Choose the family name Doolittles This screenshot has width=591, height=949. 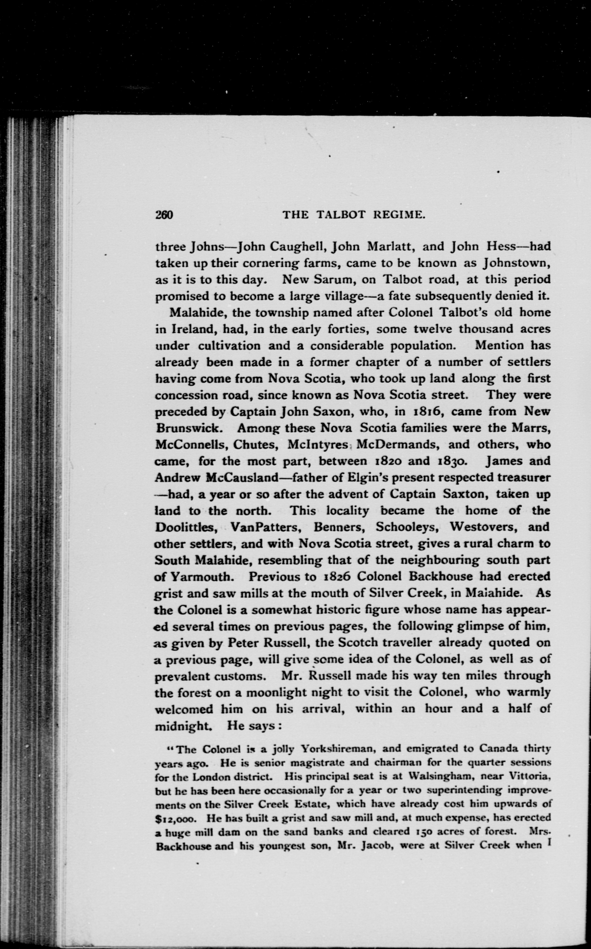(x=186, y=528)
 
